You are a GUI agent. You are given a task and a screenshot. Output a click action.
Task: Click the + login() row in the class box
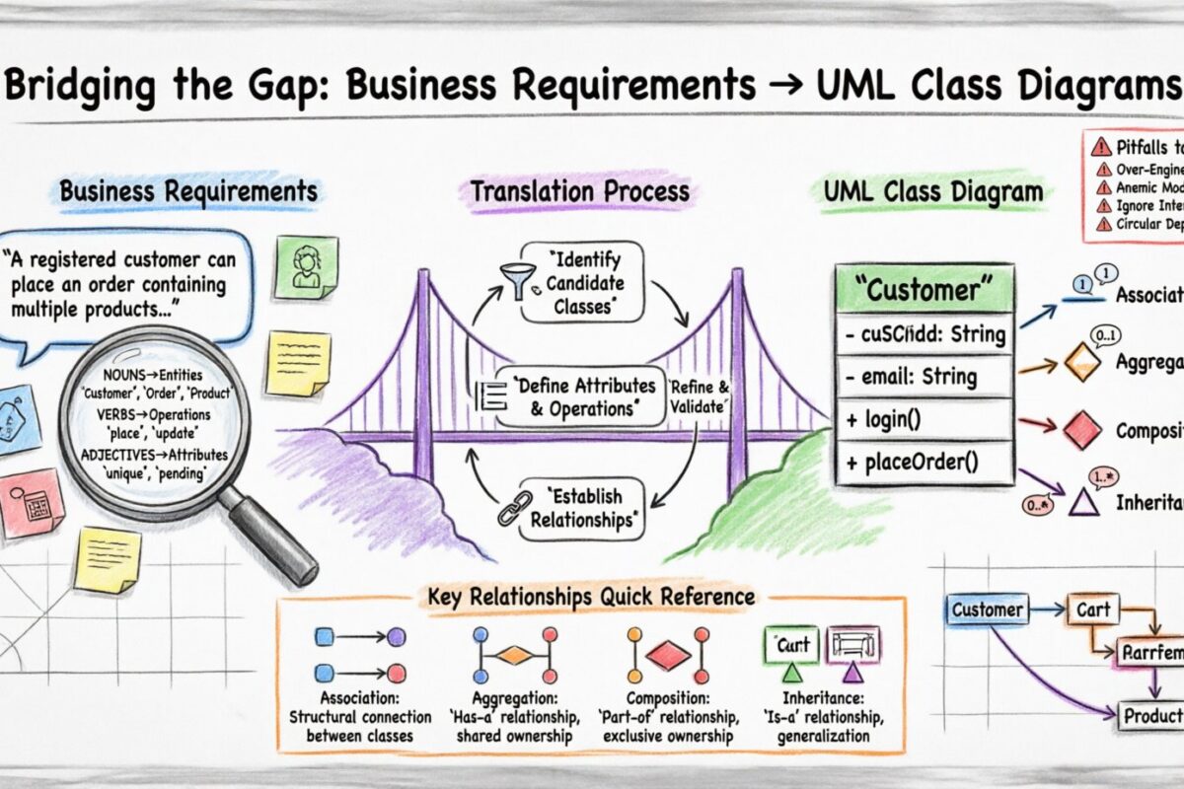click(x=924, y=419)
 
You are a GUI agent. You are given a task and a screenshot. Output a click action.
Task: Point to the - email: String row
click(x=924, y=377)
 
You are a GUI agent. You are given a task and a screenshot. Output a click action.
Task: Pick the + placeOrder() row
click(x=924, y=463)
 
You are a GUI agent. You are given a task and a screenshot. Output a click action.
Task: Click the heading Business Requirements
click(x=188, y=190)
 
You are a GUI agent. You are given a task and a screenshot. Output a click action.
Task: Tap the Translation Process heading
click(x=579, y=190)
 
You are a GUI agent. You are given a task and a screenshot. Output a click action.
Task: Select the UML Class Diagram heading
click(x=932, y=191)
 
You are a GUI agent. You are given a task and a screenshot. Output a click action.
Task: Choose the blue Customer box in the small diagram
click(x=987, y=610)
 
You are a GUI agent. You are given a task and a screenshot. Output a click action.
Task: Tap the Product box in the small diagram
click(x=1152, y=715)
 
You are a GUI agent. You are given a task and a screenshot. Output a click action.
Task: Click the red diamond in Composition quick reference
click(x=668, y=654)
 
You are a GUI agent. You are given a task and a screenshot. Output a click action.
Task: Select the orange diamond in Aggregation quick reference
click(x=513, y=654)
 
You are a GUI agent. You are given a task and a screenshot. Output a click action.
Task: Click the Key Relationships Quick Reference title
click(x=591, y=597)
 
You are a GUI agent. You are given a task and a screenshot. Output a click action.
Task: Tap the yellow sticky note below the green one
click(x=298, y=361)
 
